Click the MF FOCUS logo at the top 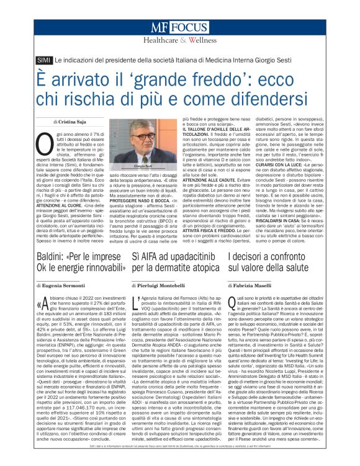pyautogui.click(x=179, y=28)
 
